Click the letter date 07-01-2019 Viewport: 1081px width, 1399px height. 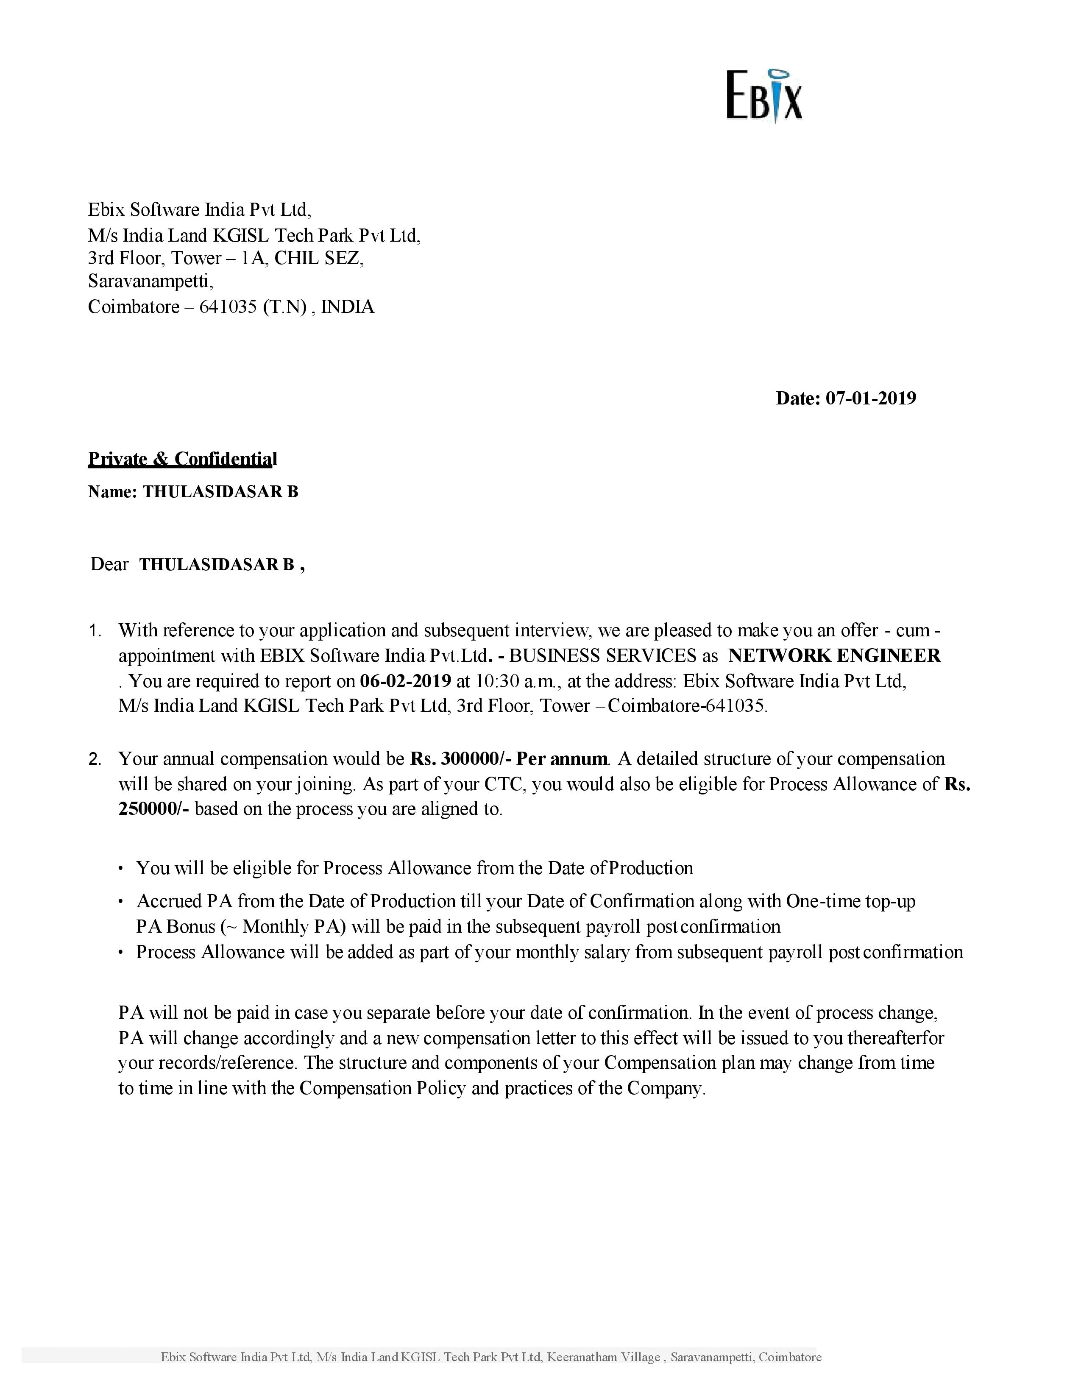pos(870,399)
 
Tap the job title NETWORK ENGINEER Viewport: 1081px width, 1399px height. pos(834,655)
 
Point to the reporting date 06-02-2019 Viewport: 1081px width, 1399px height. pos(405,680)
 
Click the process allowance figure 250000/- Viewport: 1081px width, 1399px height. pos(154,809)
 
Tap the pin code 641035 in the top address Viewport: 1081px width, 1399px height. pos(228,307)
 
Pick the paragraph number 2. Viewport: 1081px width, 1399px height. pos(95,760)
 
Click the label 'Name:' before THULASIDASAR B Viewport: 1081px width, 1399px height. pos(112,492)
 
